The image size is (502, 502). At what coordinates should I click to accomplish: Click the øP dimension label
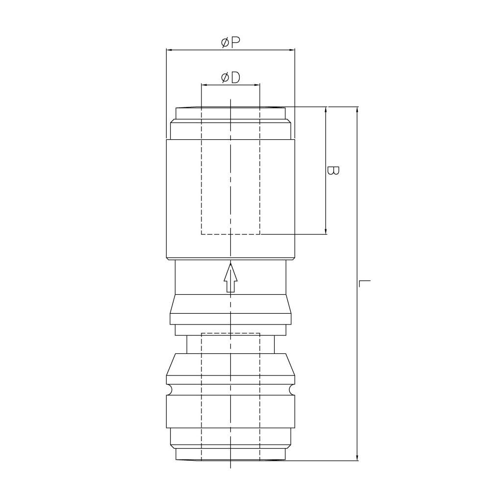click(230, 42)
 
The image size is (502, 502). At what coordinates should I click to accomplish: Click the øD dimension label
click(230, 77)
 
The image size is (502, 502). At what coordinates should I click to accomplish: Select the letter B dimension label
click(333, 170)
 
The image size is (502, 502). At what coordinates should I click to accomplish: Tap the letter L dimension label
click(365, 283)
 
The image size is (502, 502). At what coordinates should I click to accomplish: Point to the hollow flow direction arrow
click(230, 277)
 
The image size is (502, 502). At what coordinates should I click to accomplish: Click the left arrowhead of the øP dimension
click(169, 50)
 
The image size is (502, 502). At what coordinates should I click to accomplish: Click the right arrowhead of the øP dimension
click(292, 50)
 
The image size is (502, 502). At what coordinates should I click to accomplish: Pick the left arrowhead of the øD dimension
click(204, 85)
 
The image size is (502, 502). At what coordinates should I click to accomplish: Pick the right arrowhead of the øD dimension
click(257, 85)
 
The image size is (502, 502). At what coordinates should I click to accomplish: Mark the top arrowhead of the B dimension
click(326, 110)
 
